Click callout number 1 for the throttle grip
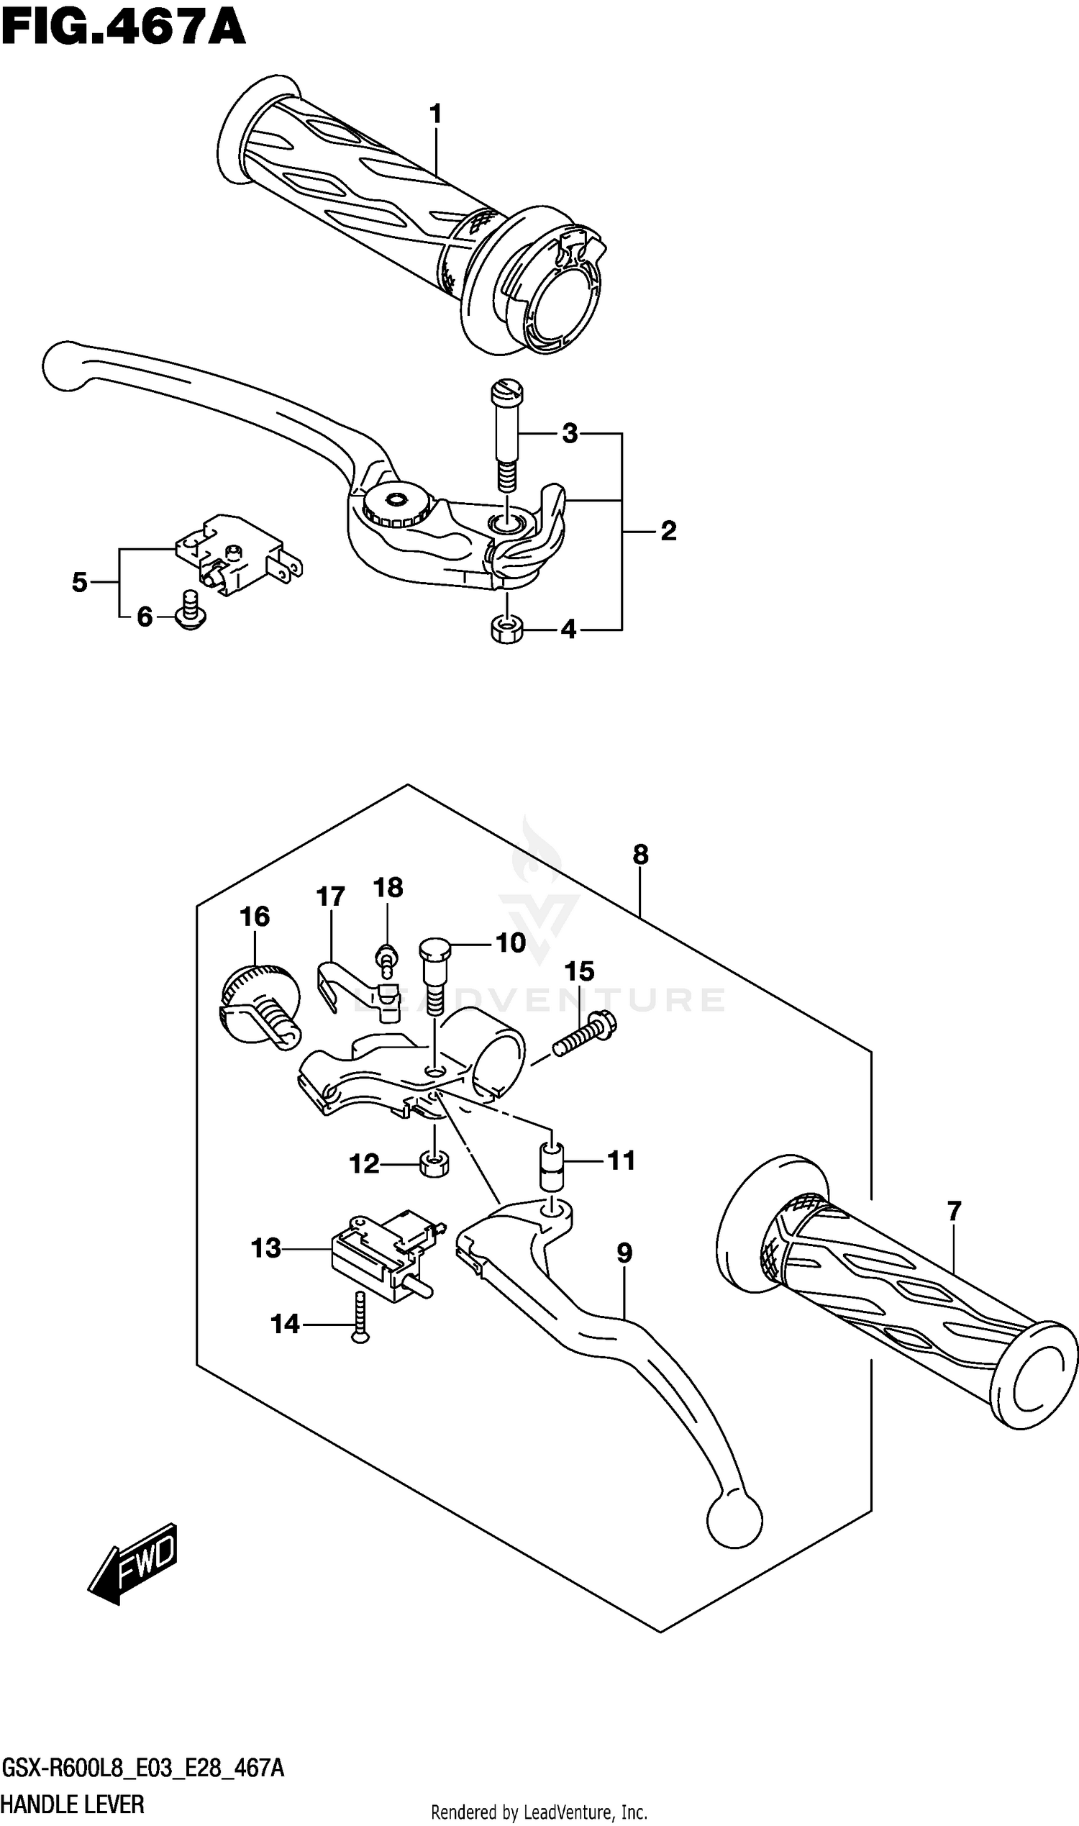point(435,114)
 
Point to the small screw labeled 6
point(191,610)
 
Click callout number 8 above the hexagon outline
point(639,855)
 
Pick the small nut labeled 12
point(434,1164)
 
